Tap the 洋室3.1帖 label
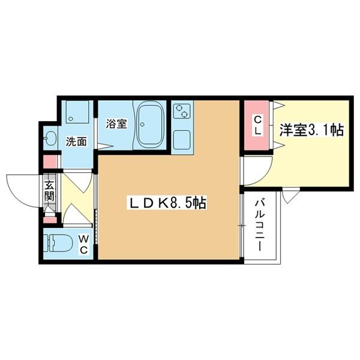[311, 130]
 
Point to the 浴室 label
[116, 124]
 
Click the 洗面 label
[76, 142]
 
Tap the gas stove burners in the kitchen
[182, 112]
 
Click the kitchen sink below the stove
[182, 139]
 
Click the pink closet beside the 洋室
[257, 126]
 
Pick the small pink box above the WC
[49, 220]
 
